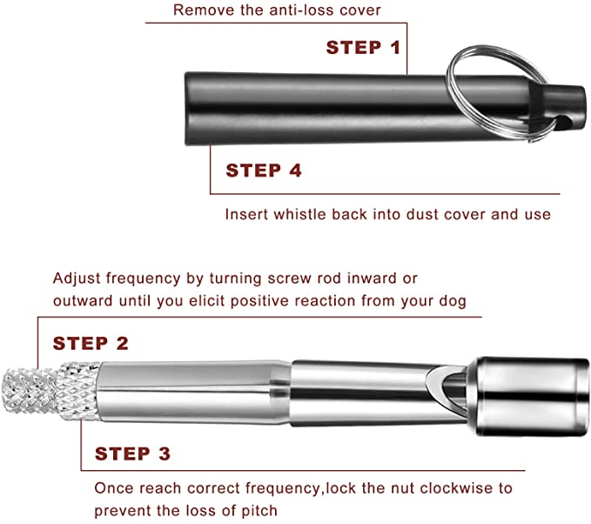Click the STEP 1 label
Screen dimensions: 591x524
click(x=363, y=48)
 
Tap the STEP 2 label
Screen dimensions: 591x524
click(x=91, y=344)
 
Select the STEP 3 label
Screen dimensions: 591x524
click(x=132, y=453)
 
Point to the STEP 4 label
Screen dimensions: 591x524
click(x=264, y=171)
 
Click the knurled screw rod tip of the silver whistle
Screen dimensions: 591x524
click(x=30, y=391)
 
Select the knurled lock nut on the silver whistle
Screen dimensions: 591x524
click(x=78, y=391)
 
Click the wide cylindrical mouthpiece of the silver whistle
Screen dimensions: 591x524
click(x=527, y=396)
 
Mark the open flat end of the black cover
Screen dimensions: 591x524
click(x=187, y=109)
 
